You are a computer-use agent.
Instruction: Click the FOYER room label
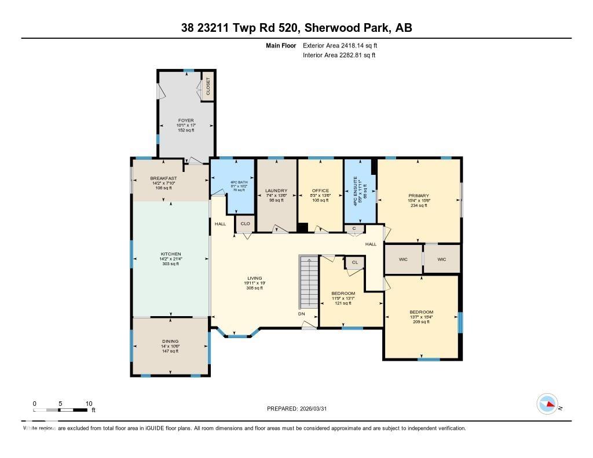[x=185, y=120]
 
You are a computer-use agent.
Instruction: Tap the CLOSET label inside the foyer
[x=208, y=86]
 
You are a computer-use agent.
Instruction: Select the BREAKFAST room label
[x=163, y=178]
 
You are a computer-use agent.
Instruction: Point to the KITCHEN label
[x=171, y=254]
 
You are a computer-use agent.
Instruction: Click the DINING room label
[x=170, y=342]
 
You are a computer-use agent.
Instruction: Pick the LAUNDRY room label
[x=276, y=190]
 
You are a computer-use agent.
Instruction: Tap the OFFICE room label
[x=320, y=190]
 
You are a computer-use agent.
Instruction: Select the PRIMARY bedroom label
[x=419, y=196]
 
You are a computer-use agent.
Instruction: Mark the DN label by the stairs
[x=302, y=314]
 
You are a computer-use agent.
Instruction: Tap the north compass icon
[x=547, y=404]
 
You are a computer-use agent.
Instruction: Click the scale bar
[x=61, y=410]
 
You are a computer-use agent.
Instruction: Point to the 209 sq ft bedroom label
[x=421, y=313]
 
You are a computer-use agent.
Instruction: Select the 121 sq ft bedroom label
[x=343, y=294]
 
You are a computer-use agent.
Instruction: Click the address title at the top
[x=296, y=28]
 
